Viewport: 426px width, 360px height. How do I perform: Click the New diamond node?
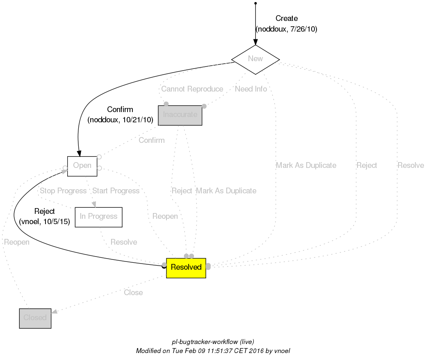click(255, 59)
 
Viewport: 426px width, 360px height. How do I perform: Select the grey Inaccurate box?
click(180, 115)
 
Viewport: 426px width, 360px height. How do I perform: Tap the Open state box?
click(82, 166)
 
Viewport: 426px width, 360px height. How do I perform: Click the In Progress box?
click(98, 217)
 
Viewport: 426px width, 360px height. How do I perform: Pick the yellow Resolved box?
click(186, 268)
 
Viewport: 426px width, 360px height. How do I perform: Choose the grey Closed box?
click(35, 318)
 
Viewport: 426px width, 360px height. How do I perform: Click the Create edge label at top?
click(286, 18)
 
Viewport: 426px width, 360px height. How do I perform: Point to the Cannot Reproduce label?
click(192, 89)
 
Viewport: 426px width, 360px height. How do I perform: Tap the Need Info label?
click(251, 89)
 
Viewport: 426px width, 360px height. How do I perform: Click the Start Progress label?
click(116, 191)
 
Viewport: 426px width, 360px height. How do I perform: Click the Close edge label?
click(133, 293)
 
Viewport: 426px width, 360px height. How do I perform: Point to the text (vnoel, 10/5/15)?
click(44, 222)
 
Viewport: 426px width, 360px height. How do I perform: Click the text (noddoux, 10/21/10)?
click(120, 120)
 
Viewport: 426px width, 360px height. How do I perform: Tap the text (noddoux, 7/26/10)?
click(286, 29)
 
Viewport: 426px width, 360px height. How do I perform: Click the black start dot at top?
click(255, 3)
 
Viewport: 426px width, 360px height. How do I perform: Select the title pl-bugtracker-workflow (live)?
click(213, 342)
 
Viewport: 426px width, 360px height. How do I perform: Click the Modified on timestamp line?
click(213, 351)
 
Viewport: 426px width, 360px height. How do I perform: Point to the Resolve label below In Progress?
click(124, 242)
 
